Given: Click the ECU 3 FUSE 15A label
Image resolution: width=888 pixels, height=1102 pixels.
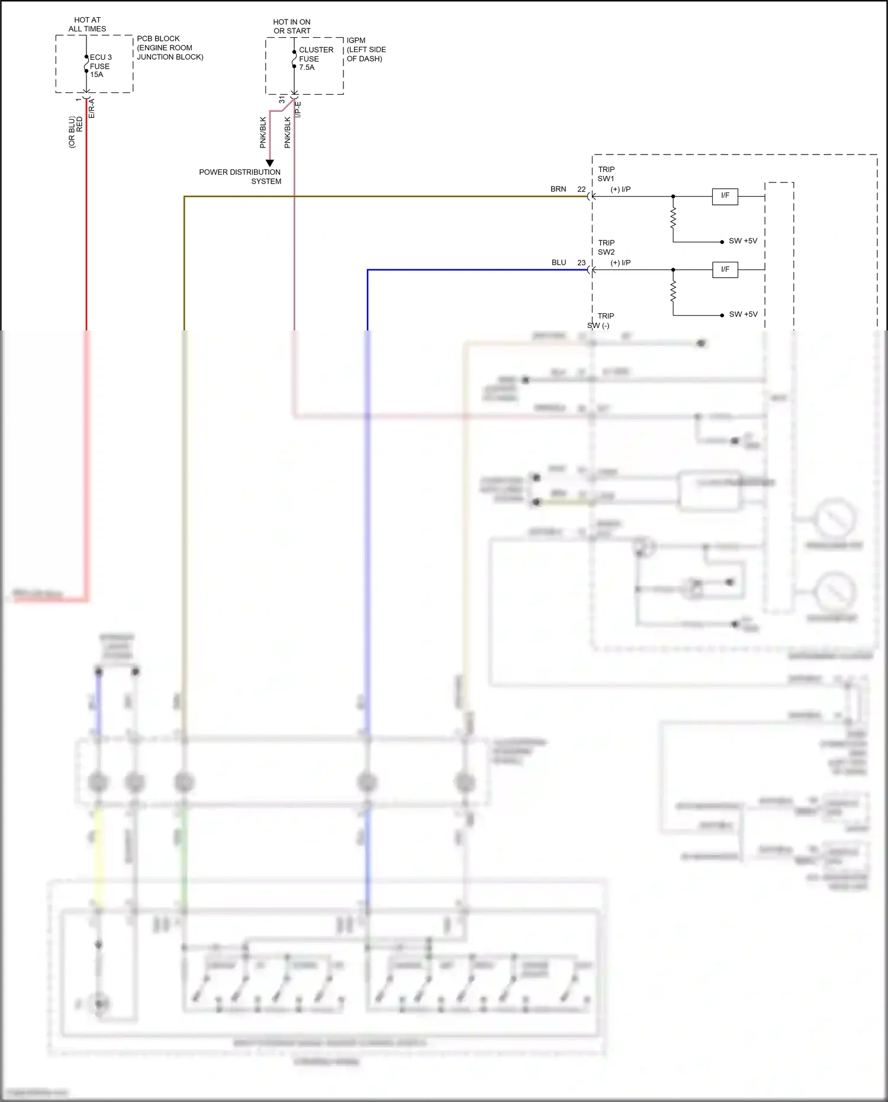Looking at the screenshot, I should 100,66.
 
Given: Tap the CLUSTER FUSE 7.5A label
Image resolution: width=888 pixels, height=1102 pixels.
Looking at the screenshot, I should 316,59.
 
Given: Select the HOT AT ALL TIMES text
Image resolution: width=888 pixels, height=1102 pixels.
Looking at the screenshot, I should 87,24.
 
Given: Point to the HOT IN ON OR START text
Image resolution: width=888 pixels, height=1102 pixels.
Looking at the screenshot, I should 291,26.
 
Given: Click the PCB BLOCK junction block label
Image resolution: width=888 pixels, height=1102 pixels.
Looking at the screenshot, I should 169,47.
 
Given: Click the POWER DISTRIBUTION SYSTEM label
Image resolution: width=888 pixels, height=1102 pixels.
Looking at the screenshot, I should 240,176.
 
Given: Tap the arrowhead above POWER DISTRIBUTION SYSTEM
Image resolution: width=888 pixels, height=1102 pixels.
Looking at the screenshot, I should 269,163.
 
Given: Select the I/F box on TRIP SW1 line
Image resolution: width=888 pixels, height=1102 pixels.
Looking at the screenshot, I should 725,196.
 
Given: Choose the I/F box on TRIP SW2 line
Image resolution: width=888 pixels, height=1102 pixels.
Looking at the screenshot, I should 725,269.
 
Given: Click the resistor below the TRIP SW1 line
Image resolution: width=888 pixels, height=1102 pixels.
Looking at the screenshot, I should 673,219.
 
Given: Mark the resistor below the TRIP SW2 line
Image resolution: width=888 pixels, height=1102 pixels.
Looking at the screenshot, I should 673,291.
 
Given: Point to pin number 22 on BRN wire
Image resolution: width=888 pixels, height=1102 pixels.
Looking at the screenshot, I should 581,189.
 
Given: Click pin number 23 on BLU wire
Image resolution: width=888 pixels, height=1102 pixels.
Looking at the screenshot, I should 581,263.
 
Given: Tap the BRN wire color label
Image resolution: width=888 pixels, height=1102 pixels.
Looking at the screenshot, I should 558,189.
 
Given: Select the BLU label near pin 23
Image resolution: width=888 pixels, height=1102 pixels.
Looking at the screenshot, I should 558,263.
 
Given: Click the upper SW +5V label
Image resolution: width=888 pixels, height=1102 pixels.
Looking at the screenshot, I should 742,241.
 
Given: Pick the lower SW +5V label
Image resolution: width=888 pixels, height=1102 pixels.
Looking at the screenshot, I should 742,314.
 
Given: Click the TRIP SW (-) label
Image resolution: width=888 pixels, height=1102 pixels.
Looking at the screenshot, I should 600,321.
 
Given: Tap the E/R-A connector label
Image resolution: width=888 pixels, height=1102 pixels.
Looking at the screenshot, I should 92,108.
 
